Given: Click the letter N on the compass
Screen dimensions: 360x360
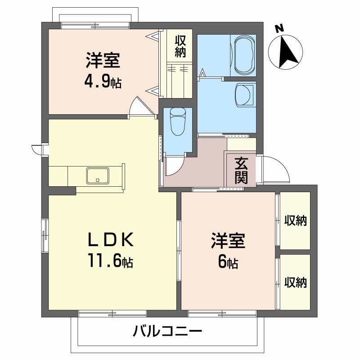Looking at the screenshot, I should point(279,28).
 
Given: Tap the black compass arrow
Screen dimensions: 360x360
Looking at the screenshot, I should point(287,52).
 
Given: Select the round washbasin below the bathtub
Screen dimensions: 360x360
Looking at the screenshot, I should point(244,95).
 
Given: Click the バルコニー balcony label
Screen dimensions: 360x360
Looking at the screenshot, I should point(167,332).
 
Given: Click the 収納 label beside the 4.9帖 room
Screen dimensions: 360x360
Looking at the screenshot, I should point(180,46).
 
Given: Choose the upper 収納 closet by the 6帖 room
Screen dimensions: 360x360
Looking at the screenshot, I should point(295,220).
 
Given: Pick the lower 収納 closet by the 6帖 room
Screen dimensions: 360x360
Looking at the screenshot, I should point(295,282).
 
